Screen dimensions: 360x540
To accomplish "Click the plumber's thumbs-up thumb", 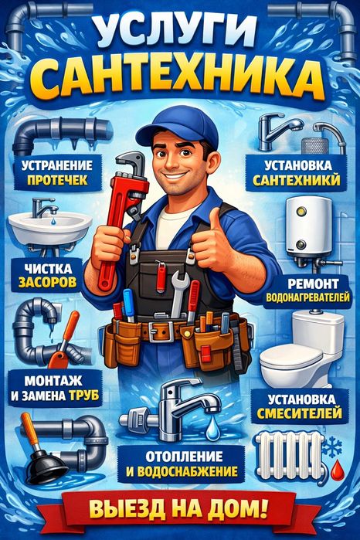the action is coord(216,220).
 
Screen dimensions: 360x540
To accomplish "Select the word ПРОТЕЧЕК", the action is coord(57,180).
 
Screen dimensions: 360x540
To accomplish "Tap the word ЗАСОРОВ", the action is coord(47,282).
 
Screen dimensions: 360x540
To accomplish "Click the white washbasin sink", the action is coord(50,226).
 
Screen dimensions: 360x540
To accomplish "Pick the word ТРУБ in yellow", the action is coord(84,396).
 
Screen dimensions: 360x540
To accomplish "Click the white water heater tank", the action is coord(308,226).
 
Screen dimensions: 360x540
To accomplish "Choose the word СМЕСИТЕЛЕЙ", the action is coord(300,413).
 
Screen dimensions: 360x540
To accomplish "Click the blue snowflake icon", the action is coord(332,447).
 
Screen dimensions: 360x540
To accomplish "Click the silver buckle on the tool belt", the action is coord(161,331).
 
